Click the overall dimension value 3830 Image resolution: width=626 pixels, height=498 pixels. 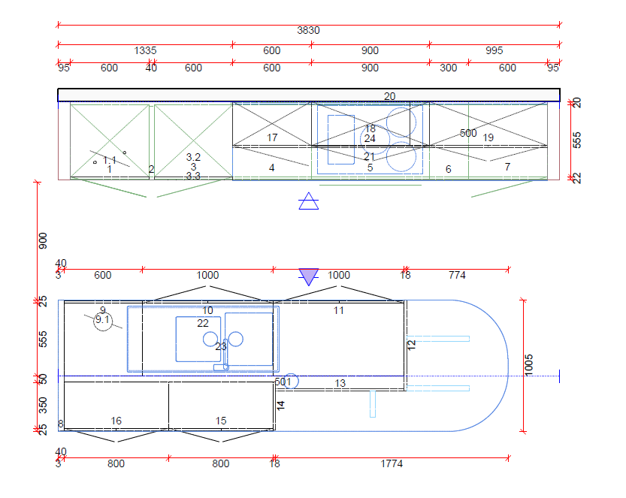(x=308, y=31)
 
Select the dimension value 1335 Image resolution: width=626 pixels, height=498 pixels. (x=145, y=51)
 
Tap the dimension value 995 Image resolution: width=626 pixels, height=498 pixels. (x=494, y=51)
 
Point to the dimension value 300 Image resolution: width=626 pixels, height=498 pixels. (x=448, y=68)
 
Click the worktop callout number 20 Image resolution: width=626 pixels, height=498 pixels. (x=389, y=96)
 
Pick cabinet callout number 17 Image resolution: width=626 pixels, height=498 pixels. (x=272, y=137)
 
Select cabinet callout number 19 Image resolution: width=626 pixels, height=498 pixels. (x=488, y=137)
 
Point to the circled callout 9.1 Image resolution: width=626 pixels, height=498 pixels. (x=103, y=320)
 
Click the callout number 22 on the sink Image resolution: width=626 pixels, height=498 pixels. (x=203, y=323)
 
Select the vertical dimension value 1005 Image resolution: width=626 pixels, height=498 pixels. (x=530, y=364)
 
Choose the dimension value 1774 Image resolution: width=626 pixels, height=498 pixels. (x=392, y=464)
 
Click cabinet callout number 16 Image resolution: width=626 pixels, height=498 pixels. (x=116, y=421)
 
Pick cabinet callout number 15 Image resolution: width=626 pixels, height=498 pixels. (x=220, y=421)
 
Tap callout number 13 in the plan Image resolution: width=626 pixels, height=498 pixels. (x=340, y=384)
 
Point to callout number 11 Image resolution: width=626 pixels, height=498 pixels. (x=338, y=310)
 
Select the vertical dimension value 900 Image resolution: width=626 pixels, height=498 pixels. (x=43, y=240)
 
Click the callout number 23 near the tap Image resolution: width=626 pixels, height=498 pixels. (x=220, y=347)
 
